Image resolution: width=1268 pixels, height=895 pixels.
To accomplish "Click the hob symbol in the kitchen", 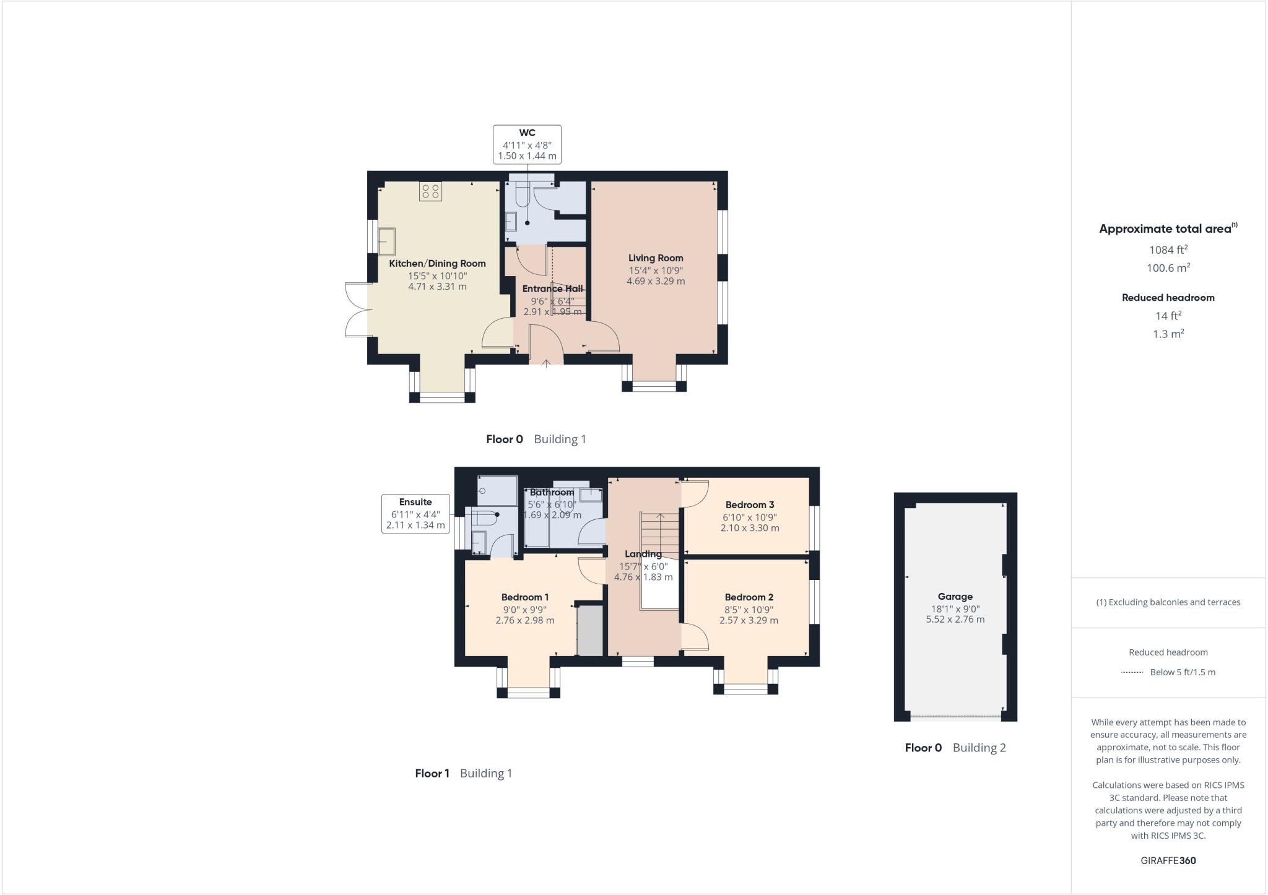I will [431, 191].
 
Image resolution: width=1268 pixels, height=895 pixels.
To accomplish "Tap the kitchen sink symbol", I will [387, 241].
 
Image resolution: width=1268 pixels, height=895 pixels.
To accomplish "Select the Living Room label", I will [656, 258].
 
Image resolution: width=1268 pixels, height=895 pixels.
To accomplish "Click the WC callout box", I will [527, 144].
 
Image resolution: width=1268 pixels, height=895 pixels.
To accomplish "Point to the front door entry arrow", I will [546, 363].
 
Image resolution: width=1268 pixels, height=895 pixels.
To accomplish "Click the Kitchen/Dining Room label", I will [437, 264].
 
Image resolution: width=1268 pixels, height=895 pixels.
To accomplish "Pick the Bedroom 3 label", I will [750, 505].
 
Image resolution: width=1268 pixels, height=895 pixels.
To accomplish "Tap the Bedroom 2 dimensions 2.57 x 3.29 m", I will [749, 620].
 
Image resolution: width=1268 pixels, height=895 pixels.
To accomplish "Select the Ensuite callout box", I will [415, 514].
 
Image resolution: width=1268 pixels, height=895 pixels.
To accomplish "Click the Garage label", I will [955, 597].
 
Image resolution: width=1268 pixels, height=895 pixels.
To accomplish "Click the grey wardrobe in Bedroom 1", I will [589, 630].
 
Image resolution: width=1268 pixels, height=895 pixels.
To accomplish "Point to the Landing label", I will [643, 554].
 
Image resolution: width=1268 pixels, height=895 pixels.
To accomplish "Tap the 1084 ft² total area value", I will [1168, 250].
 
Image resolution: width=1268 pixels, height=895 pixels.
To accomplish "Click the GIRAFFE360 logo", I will [1168, 860].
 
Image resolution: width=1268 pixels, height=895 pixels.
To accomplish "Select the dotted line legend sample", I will [1132, 672].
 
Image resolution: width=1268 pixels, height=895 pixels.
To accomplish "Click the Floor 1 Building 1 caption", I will [463, 773].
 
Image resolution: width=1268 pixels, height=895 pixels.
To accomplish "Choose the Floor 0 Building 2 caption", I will [955, 748].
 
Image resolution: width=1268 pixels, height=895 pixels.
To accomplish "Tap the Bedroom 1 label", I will [525, 597].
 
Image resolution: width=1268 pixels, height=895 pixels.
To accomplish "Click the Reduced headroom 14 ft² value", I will [1168, 316].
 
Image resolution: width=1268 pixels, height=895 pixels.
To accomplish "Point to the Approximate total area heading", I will [1166, 228].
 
